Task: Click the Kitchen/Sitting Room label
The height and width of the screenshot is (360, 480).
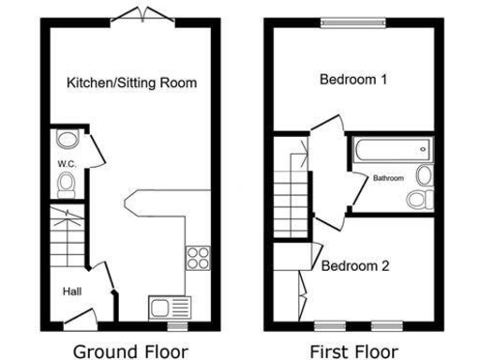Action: click(x=131, y=82)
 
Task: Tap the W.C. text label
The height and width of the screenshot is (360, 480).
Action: click(x=65, y=164)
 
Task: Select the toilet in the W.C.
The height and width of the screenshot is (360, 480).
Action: click(x=66, y=187)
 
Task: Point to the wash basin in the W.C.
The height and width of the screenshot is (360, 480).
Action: click(x=66, y=142)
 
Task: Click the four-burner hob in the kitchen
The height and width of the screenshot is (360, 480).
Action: click(x=198, y=256)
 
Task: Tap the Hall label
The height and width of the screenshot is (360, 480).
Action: click(x=72, y=292)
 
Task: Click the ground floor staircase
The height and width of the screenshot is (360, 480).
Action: click(x=65, y=239)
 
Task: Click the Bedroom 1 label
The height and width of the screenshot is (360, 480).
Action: click(x=352, y=80)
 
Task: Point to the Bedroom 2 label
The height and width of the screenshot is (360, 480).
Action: click(x=355, y=265)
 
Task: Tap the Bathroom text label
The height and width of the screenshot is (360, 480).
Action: click(x=388, y=178)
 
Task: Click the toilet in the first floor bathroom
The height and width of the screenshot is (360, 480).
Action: click(x=419, y=198)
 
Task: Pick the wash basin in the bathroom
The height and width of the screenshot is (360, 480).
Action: click(x=424, y=175)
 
